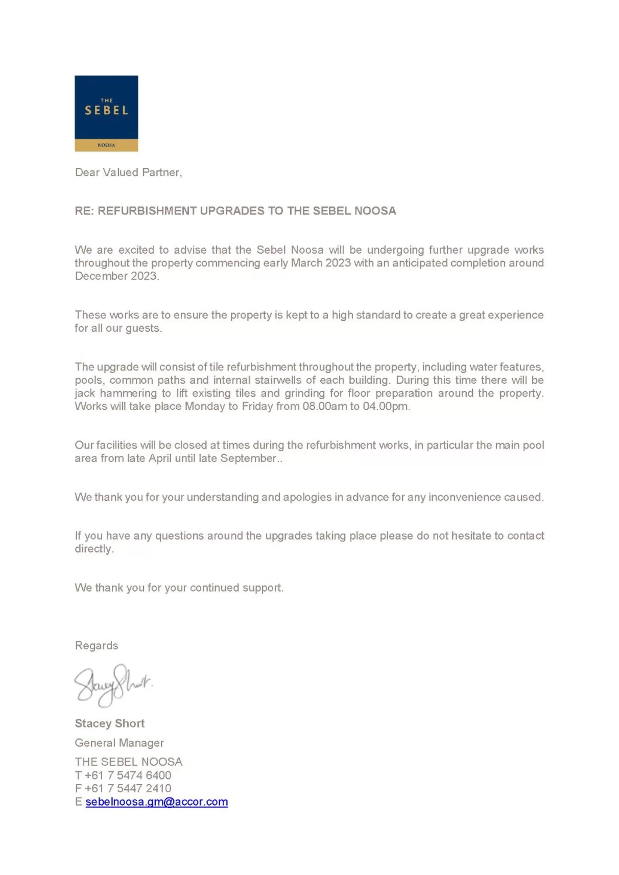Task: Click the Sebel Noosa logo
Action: (x=106, y=113)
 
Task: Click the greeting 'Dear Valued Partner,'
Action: (x=128, y=173)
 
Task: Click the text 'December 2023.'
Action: (x=117, y=276)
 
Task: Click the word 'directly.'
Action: (x=94, y=549)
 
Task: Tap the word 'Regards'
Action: (x=97, y=646)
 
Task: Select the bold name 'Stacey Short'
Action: (x=110, y=723)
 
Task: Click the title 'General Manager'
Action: (x=119, y=743)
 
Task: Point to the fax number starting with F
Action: (x=123, y=788)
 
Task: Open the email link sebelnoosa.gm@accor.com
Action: (x=157, y=801)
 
